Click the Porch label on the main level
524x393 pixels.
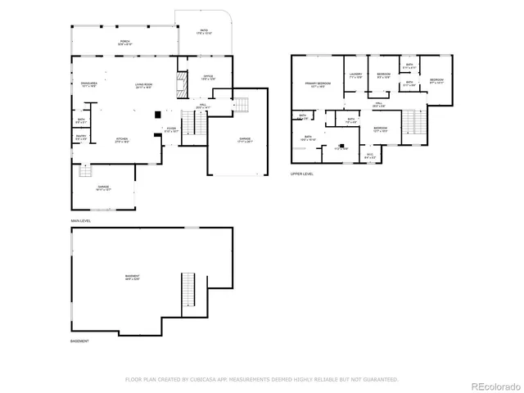[125, 42]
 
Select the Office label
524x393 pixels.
[208, 78]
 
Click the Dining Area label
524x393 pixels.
[89, 85]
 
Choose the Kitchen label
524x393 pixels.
[121, 141]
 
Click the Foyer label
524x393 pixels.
[171, 129]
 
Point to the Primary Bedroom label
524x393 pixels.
[318, 84]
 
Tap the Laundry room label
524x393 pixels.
[355, 75]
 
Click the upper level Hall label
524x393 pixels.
[379, 104]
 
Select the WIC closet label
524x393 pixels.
[370, 156]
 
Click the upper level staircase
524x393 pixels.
[414, 123]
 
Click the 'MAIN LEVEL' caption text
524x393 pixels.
[80, 222]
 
